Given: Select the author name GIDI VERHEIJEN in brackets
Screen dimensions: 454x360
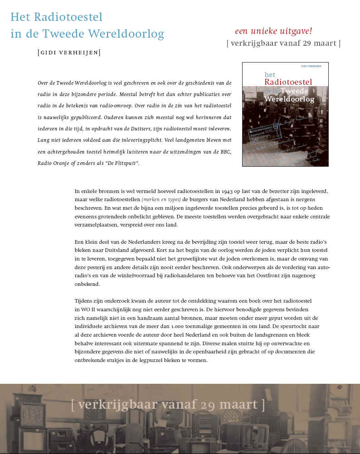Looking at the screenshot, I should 69,53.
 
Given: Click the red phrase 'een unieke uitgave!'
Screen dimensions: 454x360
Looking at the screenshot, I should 273,31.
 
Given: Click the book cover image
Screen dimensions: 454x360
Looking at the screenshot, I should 285,114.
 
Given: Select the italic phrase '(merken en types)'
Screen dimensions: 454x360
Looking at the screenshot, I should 161,199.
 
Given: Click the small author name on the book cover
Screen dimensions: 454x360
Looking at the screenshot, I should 311,66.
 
